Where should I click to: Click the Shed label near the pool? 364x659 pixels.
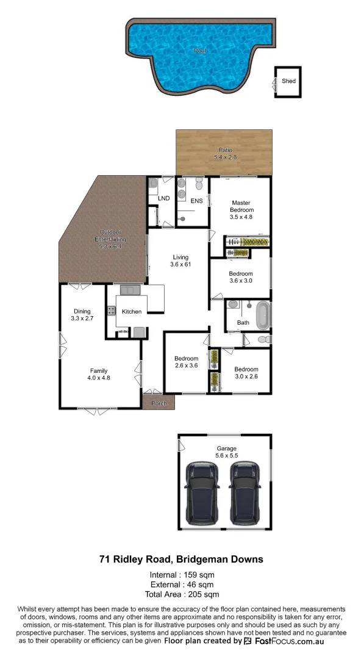coord(288,81)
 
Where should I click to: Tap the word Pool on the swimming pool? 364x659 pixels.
coord(200,51)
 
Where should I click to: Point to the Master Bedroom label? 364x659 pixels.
coord(241,206)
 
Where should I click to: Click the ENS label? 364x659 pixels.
coord(196,201)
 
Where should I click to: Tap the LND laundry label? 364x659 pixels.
coord(163,199)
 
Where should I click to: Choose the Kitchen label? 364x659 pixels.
coord(132,312)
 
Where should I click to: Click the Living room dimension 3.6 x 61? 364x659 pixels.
coord(180,265)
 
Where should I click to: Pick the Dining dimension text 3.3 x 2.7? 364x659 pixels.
coord(82,319)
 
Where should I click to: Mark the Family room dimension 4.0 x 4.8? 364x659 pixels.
coord(99,378)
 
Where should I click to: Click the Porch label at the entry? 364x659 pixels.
coord(159,403)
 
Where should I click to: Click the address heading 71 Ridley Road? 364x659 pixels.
coord(181,559)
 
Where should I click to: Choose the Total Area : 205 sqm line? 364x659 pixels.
coord(182,594)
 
